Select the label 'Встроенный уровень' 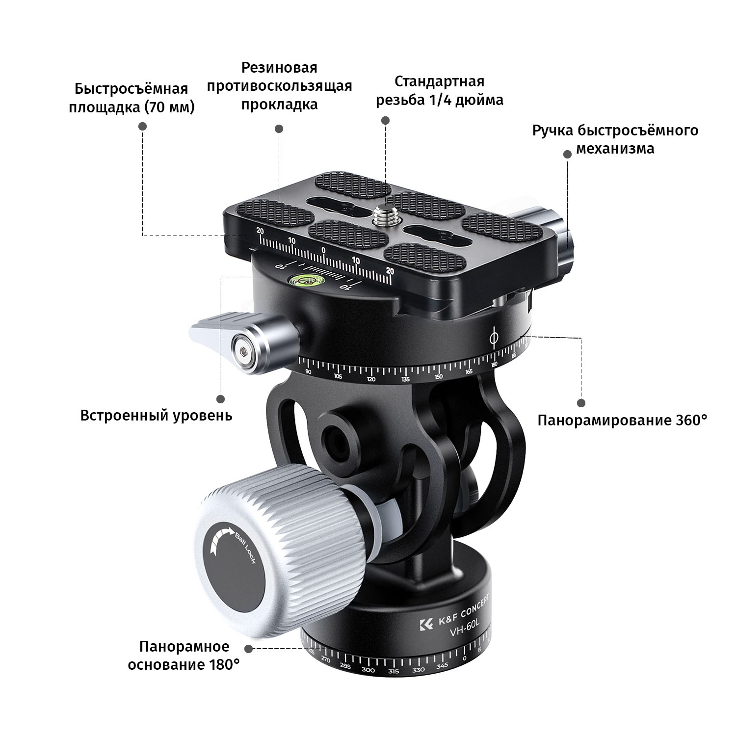pyautogui.click(x=156, y=416)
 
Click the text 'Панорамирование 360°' pyautogui.click(x=622, y=421)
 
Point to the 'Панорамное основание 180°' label pyautogui.click(x=184, y=656)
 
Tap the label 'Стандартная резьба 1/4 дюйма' pyautogui.click(x=440, y=90)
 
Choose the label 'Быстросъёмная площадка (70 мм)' pyautogui.click(x=131, y=98)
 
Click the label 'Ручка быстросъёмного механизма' pyautogui.click(x=615, y=139)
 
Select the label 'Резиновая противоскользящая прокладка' pyautogui.click(x=279, y=86)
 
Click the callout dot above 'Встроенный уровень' pyautogui.click(x=221, y=399)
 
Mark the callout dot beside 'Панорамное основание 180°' pyautogui.click(x=249, y=649)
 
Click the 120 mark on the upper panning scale pyautogui.click(x=371, y=379)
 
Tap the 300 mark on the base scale pyautogui.click(x=368, y=670)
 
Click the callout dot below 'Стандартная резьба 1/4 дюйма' pyautogui.click(x=385, y=121)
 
